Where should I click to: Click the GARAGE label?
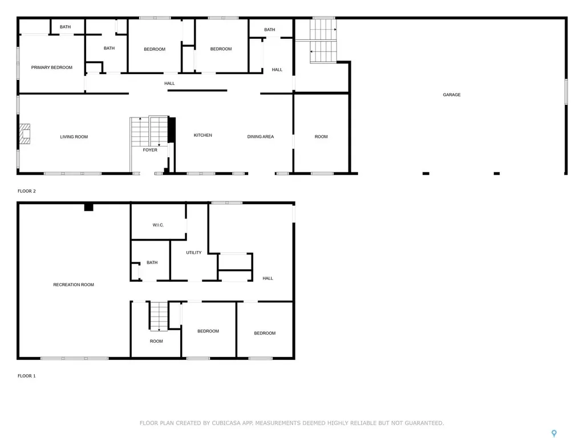click(452, 95)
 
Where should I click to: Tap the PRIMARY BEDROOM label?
click(52, 67)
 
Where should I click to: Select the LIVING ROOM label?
click(74, 137)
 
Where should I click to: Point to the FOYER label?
click(150, 150)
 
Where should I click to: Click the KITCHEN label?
click(203, 135)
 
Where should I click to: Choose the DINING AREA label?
click(261, 137)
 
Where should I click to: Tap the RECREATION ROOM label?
click(74, 285)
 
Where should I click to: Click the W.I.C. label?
click(158, 225)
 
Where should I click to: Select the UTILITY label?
click(194, 252)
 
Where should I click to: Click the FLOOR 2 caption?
click(27, 191)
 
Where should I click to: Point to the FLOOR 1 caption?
click(27, 376)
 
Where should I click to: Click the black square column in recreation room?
click(88, 208)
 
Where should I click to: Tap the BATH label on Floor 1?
click(152, 262)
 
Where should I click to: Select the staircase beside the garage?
click(323, 41)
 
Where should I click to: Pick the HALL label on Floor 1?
click(268, 278)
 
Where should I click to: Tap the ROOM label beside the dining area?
click(321, 137)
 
